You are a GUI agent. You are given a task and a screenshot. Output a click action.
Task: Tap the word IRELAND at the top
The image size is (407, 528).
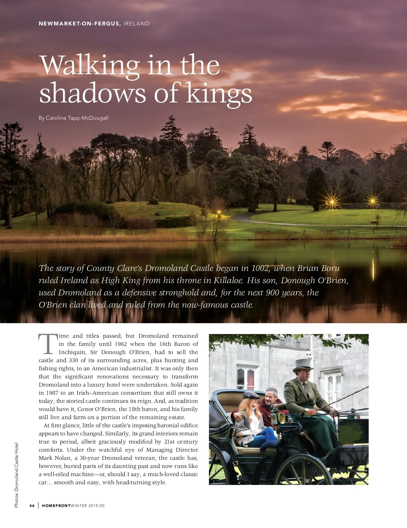136,24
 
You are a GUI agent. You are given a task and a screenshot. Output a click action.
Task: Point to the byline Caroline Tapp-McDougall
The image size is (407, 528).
77,118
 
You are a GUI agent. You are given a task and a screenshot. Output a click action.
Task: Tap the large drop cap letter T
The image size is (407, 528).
48,344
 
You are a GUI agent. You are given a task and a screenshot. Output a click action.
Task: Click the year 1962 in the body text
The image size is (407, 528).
120,344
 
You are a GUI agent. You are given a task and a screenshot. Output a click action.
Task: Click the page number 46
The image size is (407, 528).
32,506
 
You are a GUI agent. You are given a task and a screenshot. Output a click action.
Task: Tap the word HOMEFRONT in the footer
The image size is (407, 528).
56,506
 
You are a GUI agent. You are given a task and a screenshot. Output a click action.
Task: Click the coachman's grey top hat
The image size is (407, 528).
303,365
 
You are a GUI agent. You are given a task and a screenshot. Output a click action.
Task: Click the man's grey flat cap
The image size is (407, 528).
251,395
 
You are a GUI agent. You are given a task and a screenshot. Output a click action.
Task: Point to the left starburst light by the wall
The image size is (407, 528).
332,202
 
